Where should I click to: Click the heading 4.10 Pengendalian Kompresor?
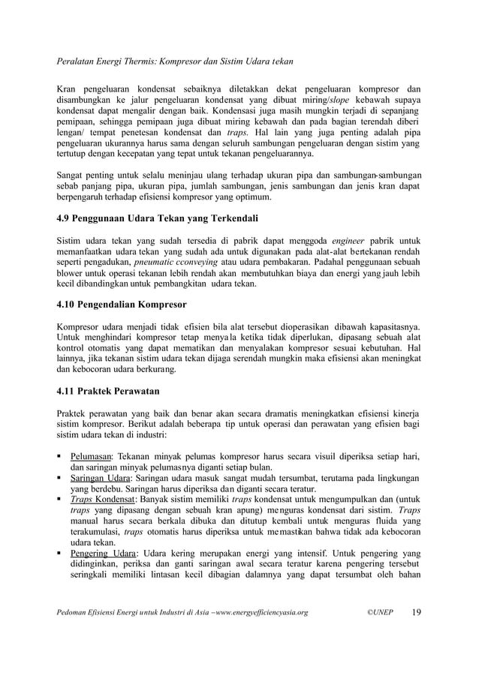(122, 305)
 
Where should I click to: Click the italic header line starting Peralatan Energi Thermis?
(176, 59)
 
